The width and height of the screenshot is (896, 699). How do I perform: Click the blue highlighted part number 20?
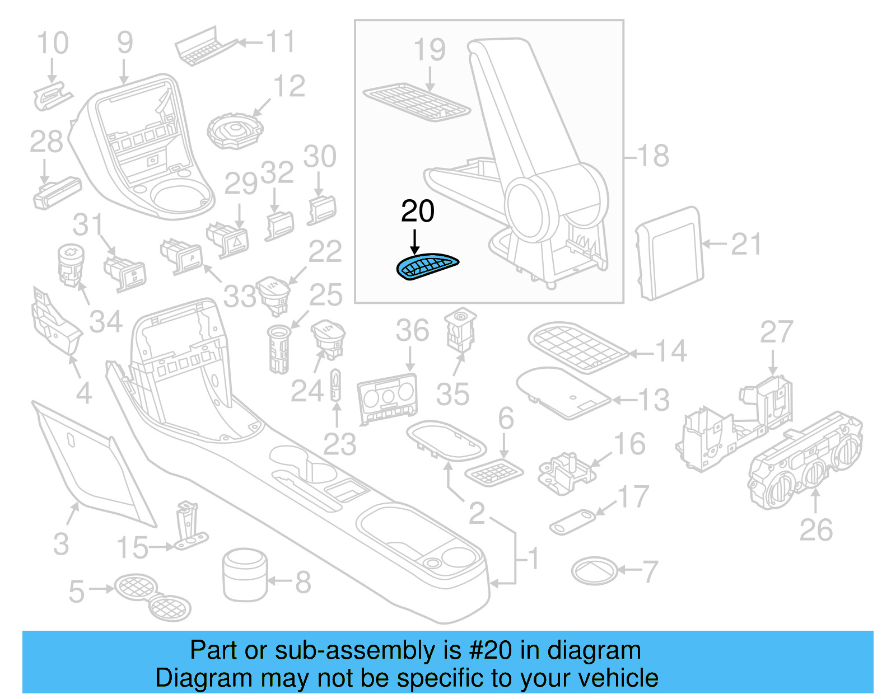pos(427,266)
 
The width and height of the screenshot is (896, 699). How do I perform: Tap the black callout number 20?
pos(418,212)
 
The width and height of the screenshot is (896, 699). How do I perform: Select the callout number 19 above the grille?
pos(430,50)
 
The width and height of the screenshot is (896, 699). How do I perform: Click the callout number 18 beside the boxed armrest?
pos(653,156)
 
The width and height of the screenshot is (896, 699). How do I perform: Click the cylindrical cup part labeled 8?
pos(245,574)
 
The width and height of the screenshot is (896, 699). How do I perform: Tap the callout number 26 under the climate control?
pos(816,530)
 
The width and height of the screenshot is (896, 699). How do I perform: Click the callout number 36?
pos(412,331)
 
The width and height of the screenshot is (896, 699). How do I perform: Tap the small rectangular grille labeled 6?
pos(494,472)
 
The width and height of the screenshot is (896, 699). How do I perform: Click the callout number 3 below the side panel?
pos(61,544)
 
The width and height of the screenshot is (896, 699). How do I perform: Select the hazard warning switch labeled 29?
pos(228,239)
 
